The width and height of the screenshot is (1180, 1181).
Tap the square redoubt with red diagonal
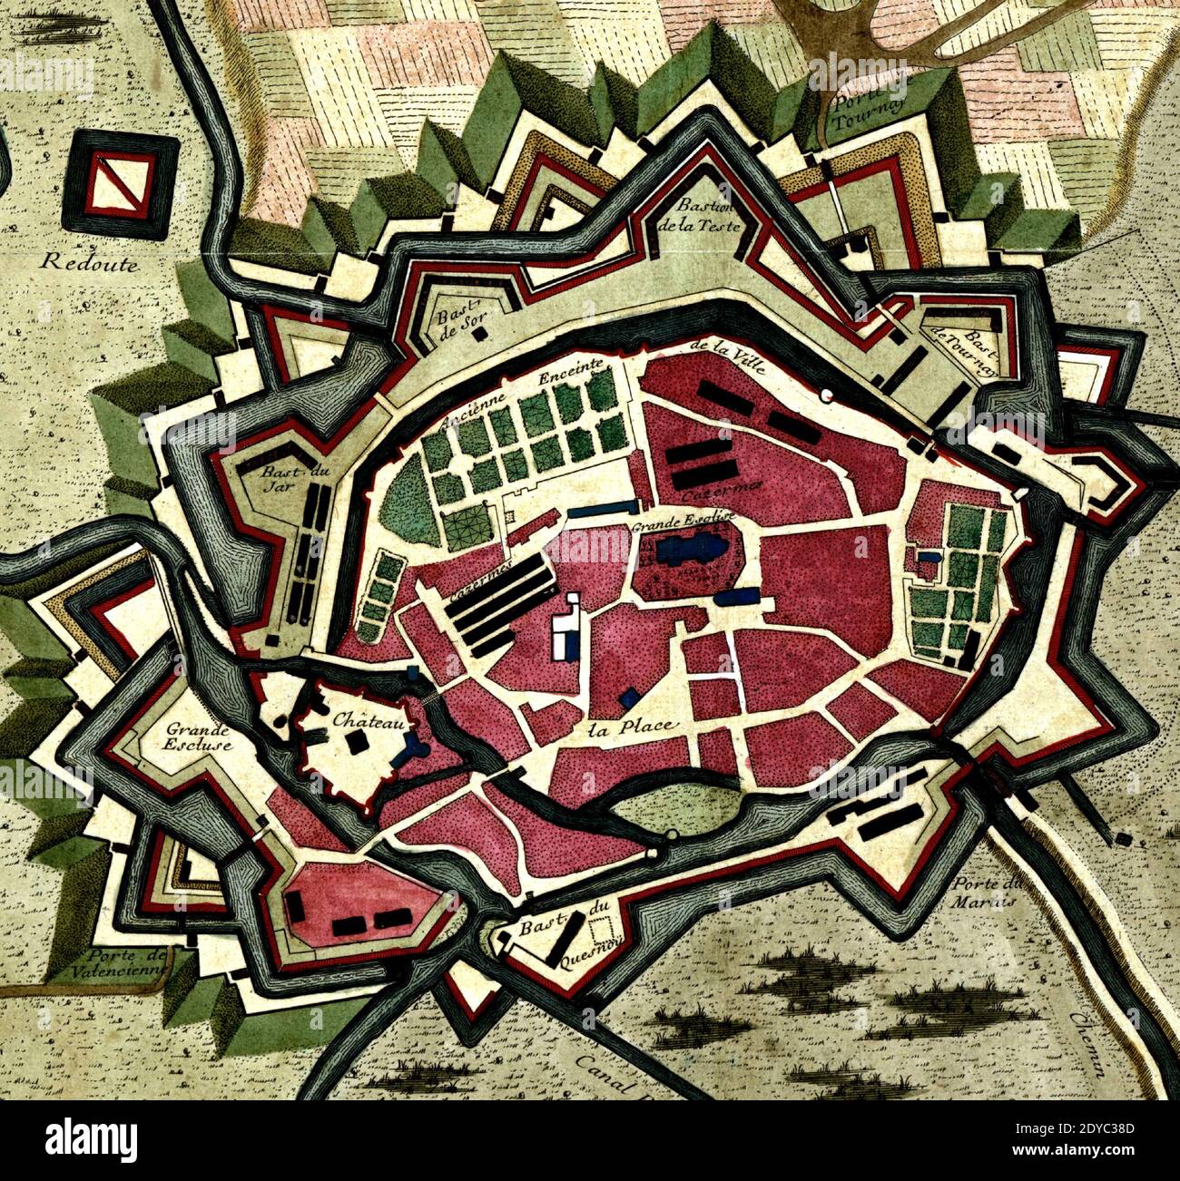pyautogui.click(x=122, y=179)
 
